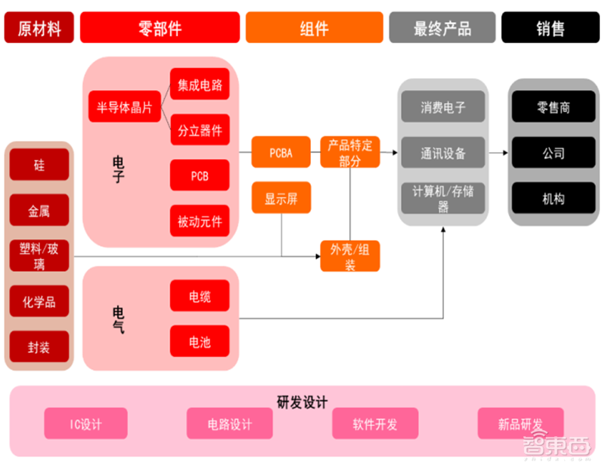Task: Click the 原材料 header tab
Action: pos(39,28)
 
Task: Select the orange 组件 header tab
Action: pos(314,28)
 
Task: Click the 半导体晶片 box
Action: pos(125,107)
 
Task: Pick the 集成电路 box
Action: pos(200,85)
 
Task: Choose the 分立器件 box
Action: pos(200,130)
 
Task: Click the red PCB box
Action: pos(200,176)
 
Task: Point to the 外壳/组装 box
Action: pos(349,256)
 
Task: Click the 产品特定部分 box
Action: pos(349,153)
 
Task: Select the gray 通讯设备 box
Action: pos(443,153)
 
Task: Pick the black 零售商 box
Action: pos(554,107)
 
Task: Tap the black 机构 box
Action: pos(554,199)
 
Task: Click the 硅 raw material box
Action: pos(39,164)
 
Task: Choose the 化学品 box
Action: pos(39,302)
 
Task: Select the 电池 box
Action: pos(200,342)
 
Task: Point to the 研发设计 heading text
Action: pos(302,402)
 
